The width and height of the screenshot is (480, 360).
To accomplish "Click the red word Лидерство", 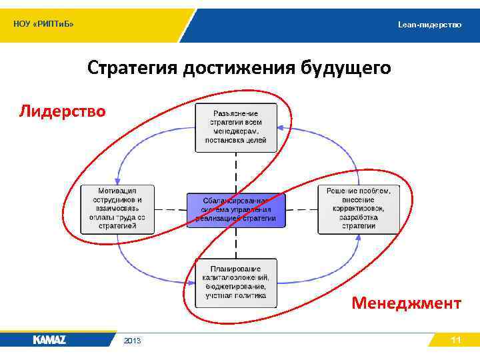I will [x=62, y=111].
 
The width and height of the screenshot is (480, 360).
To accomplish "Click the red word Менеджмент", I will [x=406, y=303].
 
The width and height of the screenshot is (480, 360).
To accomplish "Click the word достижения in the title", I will [x=238, y=69].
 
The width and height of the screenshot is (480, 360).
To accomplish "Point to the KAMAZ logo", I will [x=49, y=340].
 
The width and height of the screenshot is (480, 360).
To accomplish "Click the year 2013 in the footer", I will [x=132, y=341].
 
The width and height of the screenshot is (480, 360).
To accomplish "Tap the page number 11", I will [x=456, y=340].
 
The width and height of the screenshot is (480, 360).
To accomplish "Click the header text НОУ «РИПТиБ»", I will [x=44, y=25].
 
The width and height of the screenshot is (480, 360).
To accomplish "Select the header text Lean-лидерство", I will [x=429, y=25].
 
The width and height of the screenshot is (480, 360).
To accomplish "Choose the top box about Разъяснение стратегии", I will [x=236, y=127].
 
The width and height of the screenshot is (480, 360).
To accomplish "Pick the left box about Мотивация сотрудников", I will [x=117, y=209].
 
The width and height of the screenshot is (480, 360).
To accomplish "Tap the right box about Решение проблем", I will [x=358, y=209].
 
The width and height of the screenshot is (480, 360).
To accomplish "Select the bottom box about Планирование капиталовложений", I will [x=236, y=282].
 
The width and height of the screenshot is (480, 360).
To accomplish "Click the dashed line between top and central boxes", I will [x=237, y=172].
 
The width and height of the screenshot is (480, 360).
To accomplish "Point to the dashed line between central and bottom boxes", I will [x=237, y=243].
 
